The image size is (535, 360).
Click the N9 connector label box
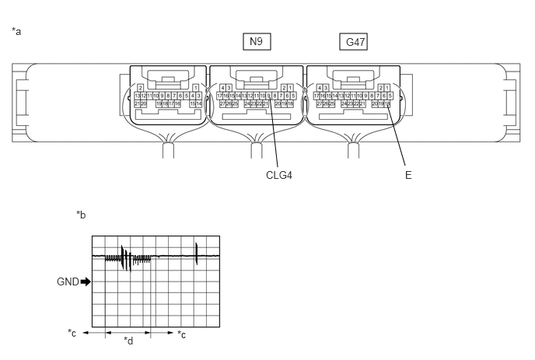click(256, 42)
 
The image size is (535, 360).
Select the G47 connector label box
click(353, 42)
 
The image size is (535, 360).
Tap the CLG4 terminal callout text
click(279, 175)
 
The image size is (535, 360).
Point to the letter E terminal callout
click(408, 175)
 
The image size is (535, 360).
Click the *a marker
click(16, 31)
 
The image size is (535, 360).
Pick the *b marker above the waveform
click(81, 215)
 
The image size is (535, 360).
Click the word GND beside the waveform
click(68, 281)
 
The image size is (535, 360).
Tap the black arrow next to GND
click(86, 281)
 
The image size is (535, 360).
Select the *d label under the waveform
click(128, 341)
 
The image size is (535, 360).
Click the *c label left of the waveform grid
click(72, 334)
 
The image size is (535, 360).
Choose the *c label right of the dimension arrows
click(181, 334)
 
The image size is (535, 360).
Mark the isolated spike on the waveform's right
click(197, 253)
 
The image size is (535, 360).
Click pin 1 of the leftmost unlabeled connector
click(194, 87)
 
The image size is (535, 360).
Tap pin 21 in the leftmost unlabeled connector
click(137, 103)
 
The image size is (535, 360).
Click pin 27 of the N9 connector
click(221, 103)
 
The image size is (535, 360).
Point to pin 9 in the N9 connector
click(269, 95)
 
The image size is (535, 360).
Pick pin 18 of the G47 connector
click(388, 103)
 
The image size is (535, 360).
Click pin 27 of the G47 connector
click(318, 103)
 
